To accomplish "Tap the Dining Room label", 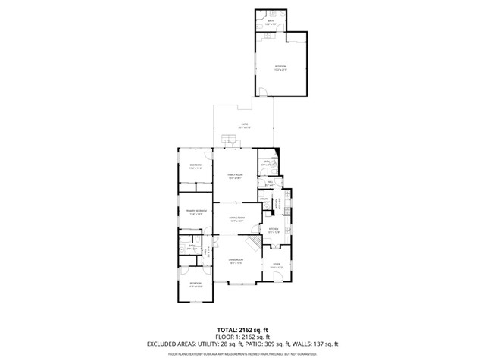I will point(237,219).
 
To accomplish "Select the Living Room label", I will point(236,261).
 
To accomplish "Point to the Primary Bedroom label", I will point(196,212).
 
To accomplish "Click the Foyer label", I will point(276,265).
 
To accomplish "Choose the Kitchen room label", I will point(274,231).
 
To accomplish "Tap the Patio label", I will point(244,126).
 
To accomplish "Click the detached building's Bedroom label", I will point(280,68).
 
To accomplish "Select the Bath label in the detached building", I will point(271,23).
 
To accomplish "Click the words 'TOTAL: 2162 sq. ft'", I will point(242,330).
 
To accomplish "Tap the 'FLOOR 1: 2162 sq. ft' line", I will point(242,337).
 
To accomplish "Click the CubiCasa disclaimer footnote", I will point(242,353).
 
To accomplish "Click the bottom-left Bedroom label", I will point(195,285).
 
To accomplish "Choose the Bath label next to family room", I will point(267,163).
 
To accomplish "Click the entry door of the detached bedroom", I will point(263,94).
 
